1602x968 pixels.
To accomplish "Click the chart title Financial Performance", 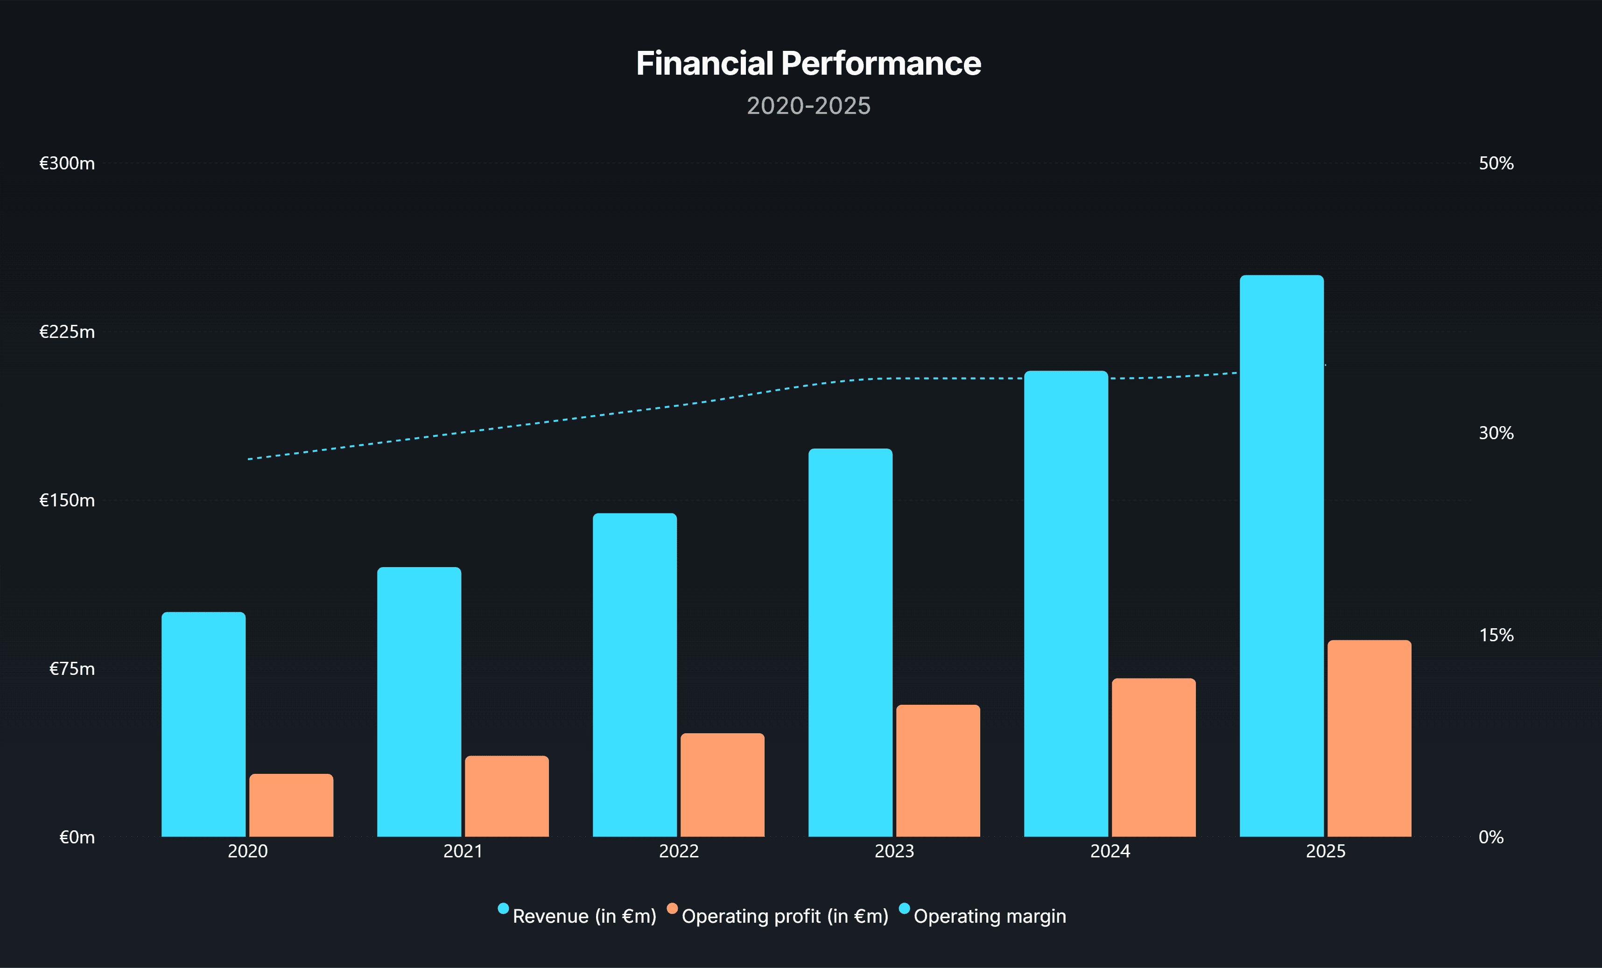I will [x=808, y=64].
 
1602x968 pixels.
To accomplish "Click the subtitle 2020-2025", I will [x=808, y=106].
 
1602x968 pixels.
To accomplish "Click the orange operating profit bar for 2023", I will [x=937, y=771].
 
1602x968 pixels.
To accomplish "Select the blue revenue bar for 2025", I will [x=1281, y=555].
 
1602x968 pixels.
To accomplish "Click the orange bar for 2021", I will [x=506, y=796].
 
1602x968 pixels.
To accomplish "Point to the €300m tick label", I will [x=67, y=163].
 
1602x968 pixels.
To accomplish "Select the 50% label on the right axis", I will [x=1496, y=163].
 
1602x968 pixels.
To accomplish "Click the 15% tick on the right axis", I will [x=1496, y=635].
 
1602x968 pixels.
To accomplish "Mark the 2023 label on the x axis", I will [x=894, y=851].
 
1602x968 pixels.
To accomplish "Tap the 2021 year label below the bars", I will [x=463, y=851].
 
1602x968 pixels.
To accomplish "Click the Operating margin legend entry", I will [x=990, y=916].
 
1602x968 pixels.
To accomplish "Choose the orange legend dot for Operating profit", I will [x=672, y=908].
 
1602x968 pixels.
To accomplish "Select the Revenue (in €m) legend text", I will [x=584, y=916].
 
